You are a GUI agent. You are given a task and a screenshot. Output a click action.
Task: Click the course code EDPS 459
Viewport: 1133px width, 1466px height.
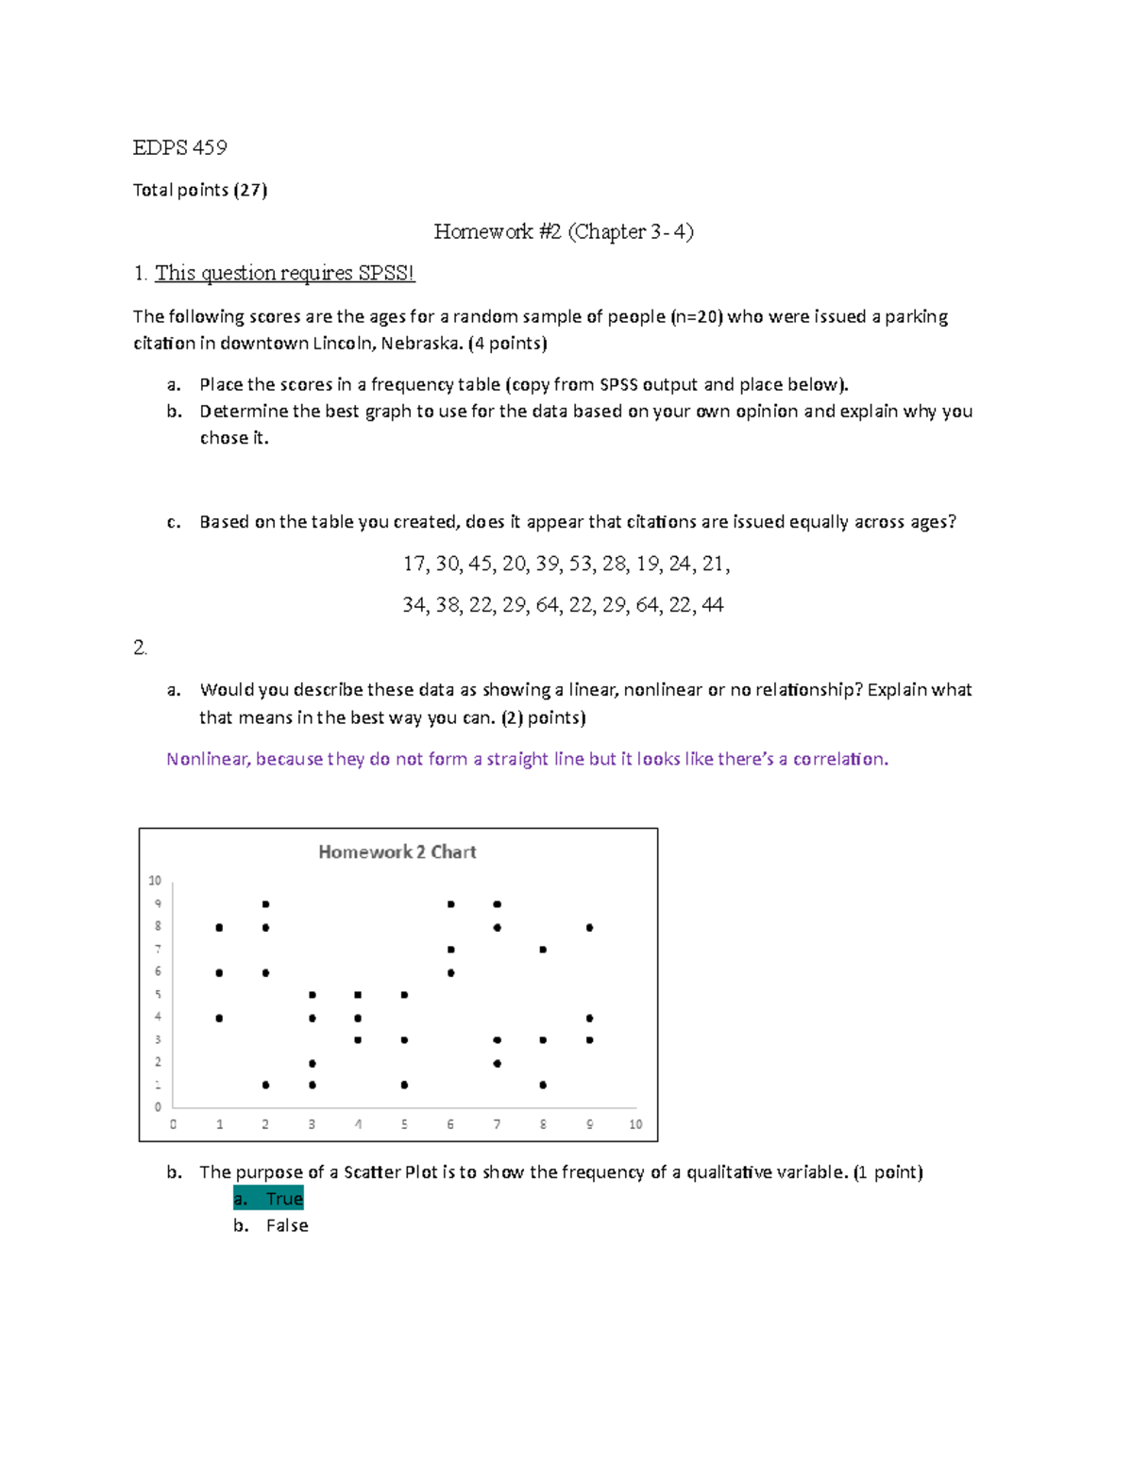[x=179, y=147]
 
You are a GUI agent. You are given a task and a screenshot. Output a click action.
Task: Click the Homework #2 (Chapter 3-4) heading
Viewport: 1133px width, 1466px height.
[x=563, y=231]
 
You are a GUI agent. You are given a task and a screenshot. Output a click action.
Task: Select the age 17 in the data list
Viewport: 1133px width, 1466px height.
[x=414, y=564]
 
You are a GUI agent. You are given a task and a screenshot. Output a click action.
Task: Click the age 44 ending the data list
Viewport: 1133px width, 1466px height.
[x=712, y=605]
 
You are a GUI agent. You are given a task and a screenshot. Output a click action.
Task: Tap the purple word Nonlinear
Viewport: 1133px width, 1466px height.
[x=207, y=759]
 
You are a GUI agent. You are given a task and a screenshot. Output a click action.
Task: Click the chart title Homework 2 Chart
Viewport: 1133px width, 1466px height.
[x=397, y=851]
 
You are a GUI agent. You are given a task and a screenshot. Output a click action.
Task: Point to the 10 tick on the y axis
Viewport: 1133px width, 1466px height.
[x=155, y=881]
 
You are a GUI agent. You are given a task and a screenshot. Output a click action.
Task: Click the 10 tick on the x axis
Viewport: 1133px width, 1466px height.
[x=635, y=1124]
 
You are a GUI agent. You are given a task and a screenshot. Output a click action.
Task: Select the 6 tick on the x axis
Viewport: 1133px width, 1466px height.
[x=450, y=1124]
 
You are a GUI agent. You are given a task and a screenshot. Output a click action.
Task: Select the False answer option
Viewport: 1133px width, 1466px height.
[x=287, y=1225]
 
